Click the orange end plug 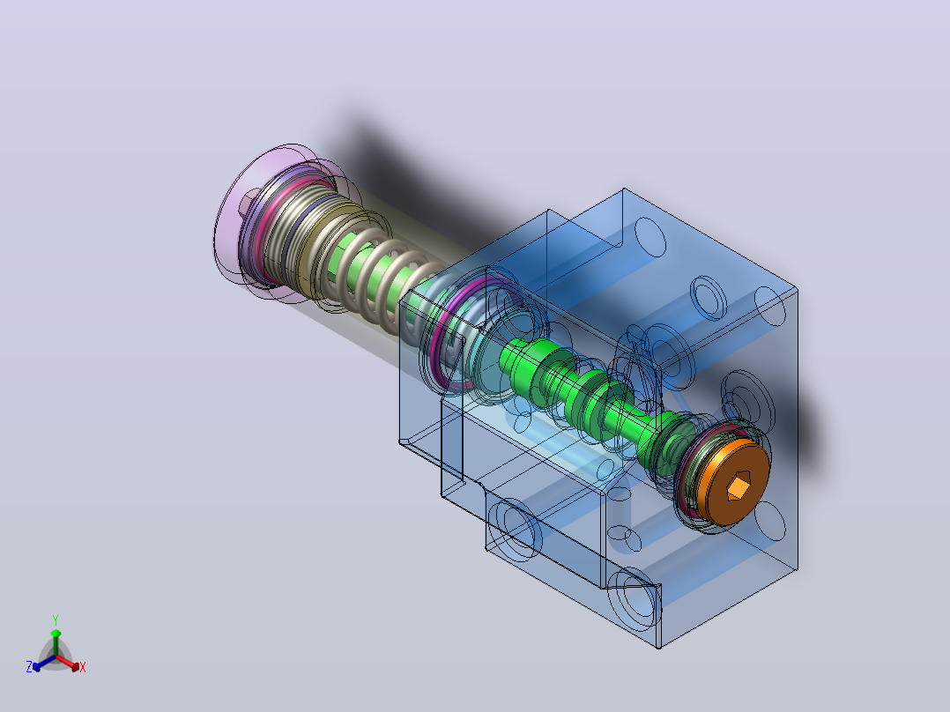734,482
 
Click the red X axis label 83,667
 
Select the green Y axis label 56,620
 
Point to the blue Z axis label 29,667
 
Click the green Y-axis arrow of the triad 56,642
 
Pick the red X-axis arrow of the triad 68,663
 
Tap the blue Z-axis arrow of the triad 44,663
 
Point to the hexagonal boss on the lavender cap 249,202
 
